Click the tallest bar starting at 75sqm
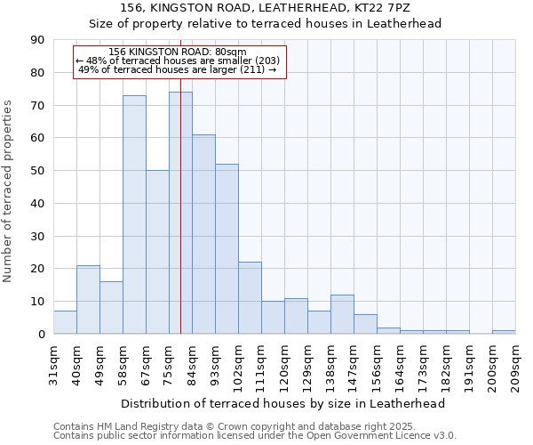180,213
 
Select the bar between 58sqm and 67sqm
134,214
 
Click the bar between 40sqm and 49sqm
88,300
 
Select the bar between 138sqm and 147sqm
342,314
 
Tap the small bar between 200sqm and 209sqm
504,332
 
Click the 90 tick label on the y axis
37,40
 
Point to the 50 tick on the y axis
37,171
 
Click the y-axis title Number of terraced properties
9,190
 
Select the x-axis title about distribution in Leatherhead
282,403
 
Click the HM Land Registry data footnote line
254,426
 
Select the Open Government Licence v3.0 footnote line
254,436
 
